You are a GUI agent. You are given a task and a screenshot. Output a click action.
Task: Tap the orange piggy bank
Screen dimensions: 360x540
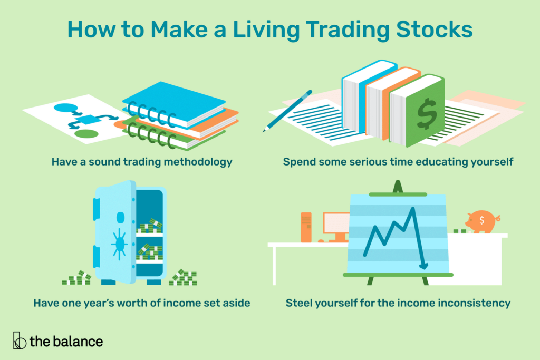481,220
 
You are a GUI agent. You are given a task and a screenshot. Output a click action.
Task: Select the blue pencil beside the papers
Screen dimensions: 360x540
284,111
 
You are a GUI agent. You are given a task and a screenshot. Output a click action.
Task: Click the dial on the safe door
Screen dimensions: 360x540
119,243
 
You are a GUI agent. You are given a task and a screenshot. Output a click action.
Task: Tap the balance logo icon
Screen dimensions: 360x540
20,340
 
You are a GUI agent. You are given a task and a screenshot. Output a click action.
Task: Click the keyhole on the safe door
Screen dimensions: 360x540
120,217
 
